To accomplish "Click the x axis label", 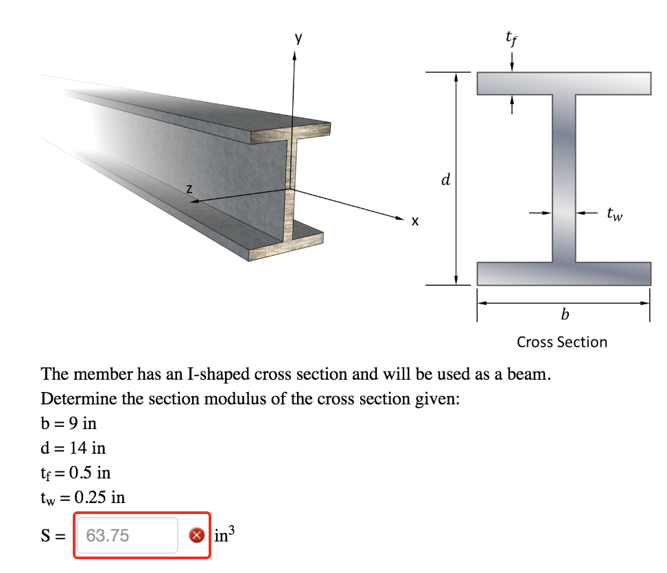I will point(414,221).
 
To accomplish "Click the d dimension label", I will point(445,180).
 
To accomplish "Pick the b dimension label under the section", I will point(564,315).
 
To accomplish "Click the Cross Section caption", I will point(561,341).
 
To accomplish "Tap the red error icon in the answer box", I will point(196,535).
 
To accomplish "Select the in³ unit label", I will point(224,535).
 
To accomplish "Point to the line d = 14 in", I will point(73,448).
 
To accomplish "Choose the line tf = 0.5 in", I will point(75,473).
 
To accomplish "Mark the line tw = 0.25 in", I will point(82,498).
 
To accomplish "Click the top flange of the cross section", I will point(563,83).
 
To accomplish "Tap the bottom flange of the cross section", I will point(563,273).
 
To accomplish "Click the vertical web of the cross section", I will point(563,178).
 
